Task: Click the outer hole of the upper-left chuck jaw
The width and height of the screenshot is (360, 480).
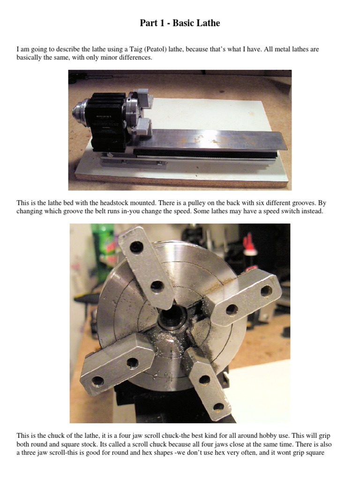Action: tap(136, 247)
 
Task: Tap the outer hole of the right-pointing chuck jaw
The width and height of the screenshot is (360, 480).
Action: tap(266, 291)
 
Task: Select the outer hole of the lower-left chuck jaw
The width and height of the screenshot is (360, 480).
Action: tap(97, 381)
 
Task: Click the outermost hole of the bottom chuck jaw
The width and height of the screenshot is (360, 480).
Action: tap(218, 407)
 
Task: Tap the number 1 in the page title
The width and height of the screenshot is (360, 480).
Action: tap(160, 23)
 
